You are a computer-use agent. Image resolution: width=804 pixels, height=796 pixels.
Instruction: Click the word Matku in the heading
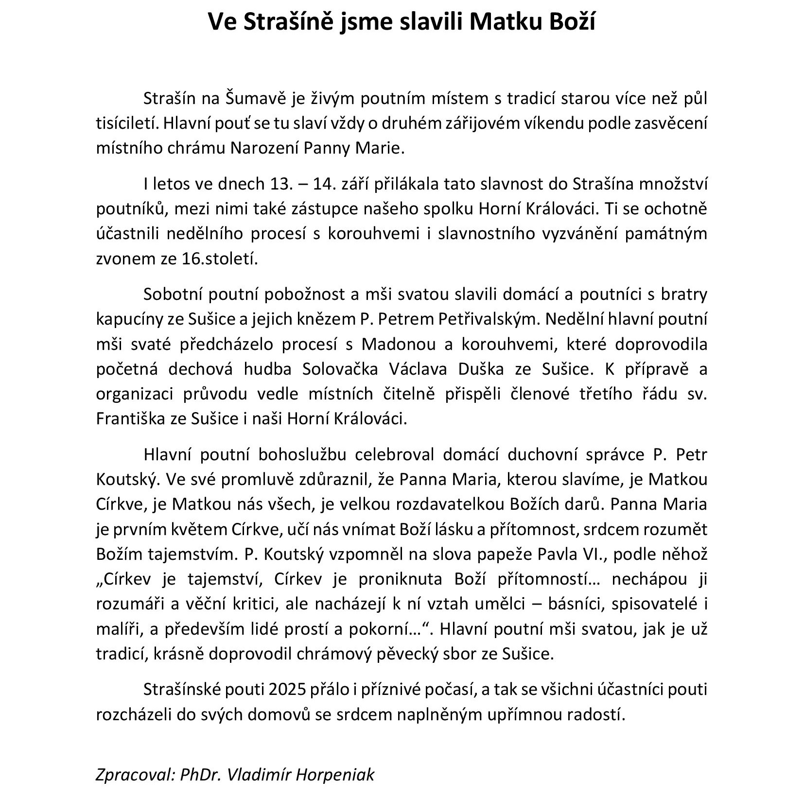(506, 21)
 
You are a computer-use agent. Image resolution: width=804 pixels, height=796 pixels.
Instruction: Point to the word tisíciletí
(127, 123)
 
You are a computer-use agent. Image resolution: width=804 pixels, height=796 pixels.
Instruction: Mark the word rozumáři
(128, 604)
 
